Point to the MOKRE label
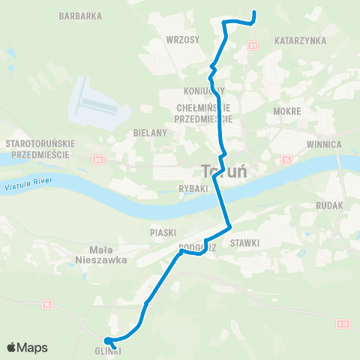coord(287,111)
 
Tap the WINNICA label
coord(325,143)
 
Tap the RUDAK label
coord(329,205)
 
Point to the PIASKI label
coord(162,232)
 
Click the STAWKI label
coord(245,242)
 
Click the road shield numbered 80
coord(97,159)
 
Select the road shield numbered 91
coord(253,46)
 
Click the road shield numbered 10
coord(47,304)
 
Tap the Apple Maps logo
coord(27,347)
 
